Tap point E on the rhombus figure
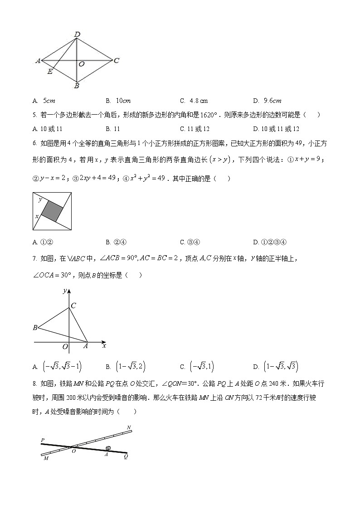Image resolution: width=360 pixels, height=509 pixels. tap(50, 72)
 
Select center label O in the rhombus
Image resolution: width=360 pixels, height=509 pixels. tap(82, 64)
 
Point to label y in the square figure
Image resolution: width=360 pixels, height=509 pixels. tap(40, 199)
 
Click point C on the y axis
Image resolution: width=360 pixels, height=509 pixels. tap(73, 305)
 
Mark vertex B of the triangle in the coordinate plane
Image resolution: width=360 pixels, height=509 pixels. tap(35, 327)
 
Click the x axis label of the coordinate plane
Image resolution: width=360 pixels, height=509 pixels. tap(104, 346)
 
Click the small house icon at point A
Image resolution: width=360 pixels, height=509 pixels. tap(108, 448)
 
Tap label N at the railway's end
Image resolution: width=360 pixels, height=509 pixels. tap(129, 427)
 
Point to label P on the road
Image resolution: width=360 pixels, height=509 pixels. tap(42, 440)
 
